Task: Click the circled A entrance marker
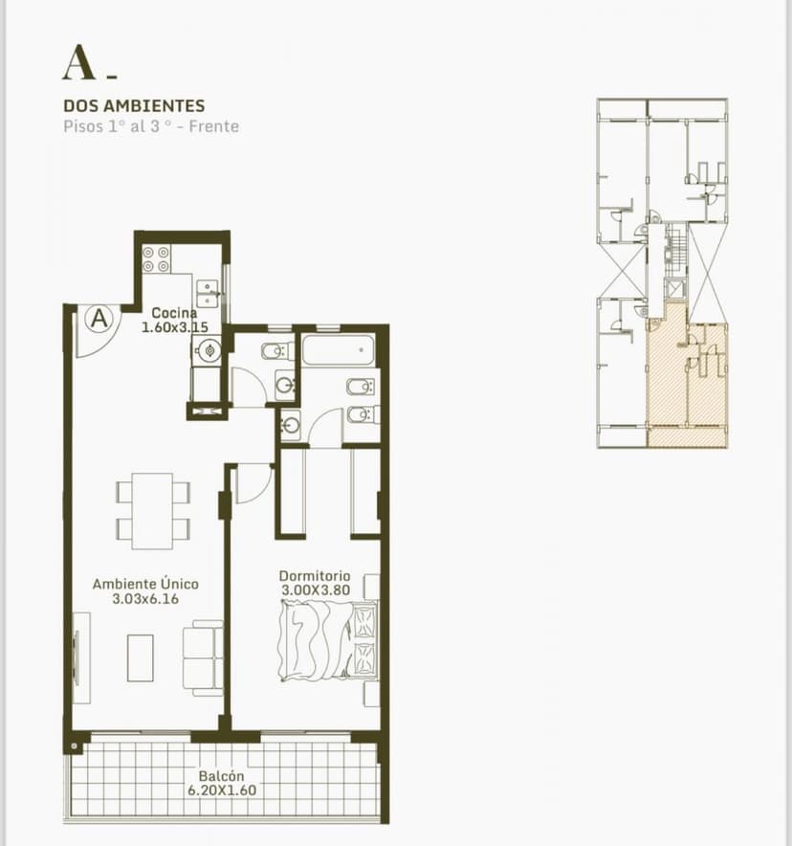pyautogui.click(x=99, y=319)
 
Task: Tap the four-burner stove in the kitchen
pyautogui.click(x=156, y=259)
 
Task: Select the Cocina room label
pyautogui.click(x=174, y=312)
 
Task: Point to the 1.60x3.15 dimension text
pyautogui.click(x=175, y=327)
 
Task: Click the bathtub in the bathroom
pyautogui.click(x=338, y=350)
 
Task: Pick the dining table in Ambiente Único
pyautogui.click(x=153, y=511)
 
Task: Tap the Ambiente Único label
pyautogui.click(x=145, y=584)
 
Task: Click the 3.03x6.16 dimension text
pyautogui.click(x=145, y=599)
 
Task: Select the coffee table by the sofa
pyautogui.click(x=141, y=657)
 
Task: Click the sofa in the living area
pyautogui.click(x=203, y=657)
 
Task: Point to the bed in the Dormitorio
pyautogui.click(x=328, y=640)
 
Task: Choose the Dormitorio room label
pyautogui.click(x=315, y=576)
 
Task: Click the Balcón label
pyautogui.click(x=222, y=776)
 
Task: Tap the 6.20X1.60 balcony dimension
pyautogui.click(x=222, y=790)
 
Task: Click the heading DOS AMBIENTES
pyautogui.click(x=134, y=105)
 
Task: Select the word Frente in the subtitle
pyautogui.click(x=214, y=126)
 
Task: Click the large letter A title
pyautogui.click(x=79, y=63)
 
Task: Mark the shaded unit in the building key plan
pyautogui.click(x=687, y=382)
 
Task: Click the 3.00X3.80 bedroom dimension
pyautogui.click(x=316, y=590)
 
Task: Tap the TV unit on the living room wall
pyautogui.click(x=82, y=657)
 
